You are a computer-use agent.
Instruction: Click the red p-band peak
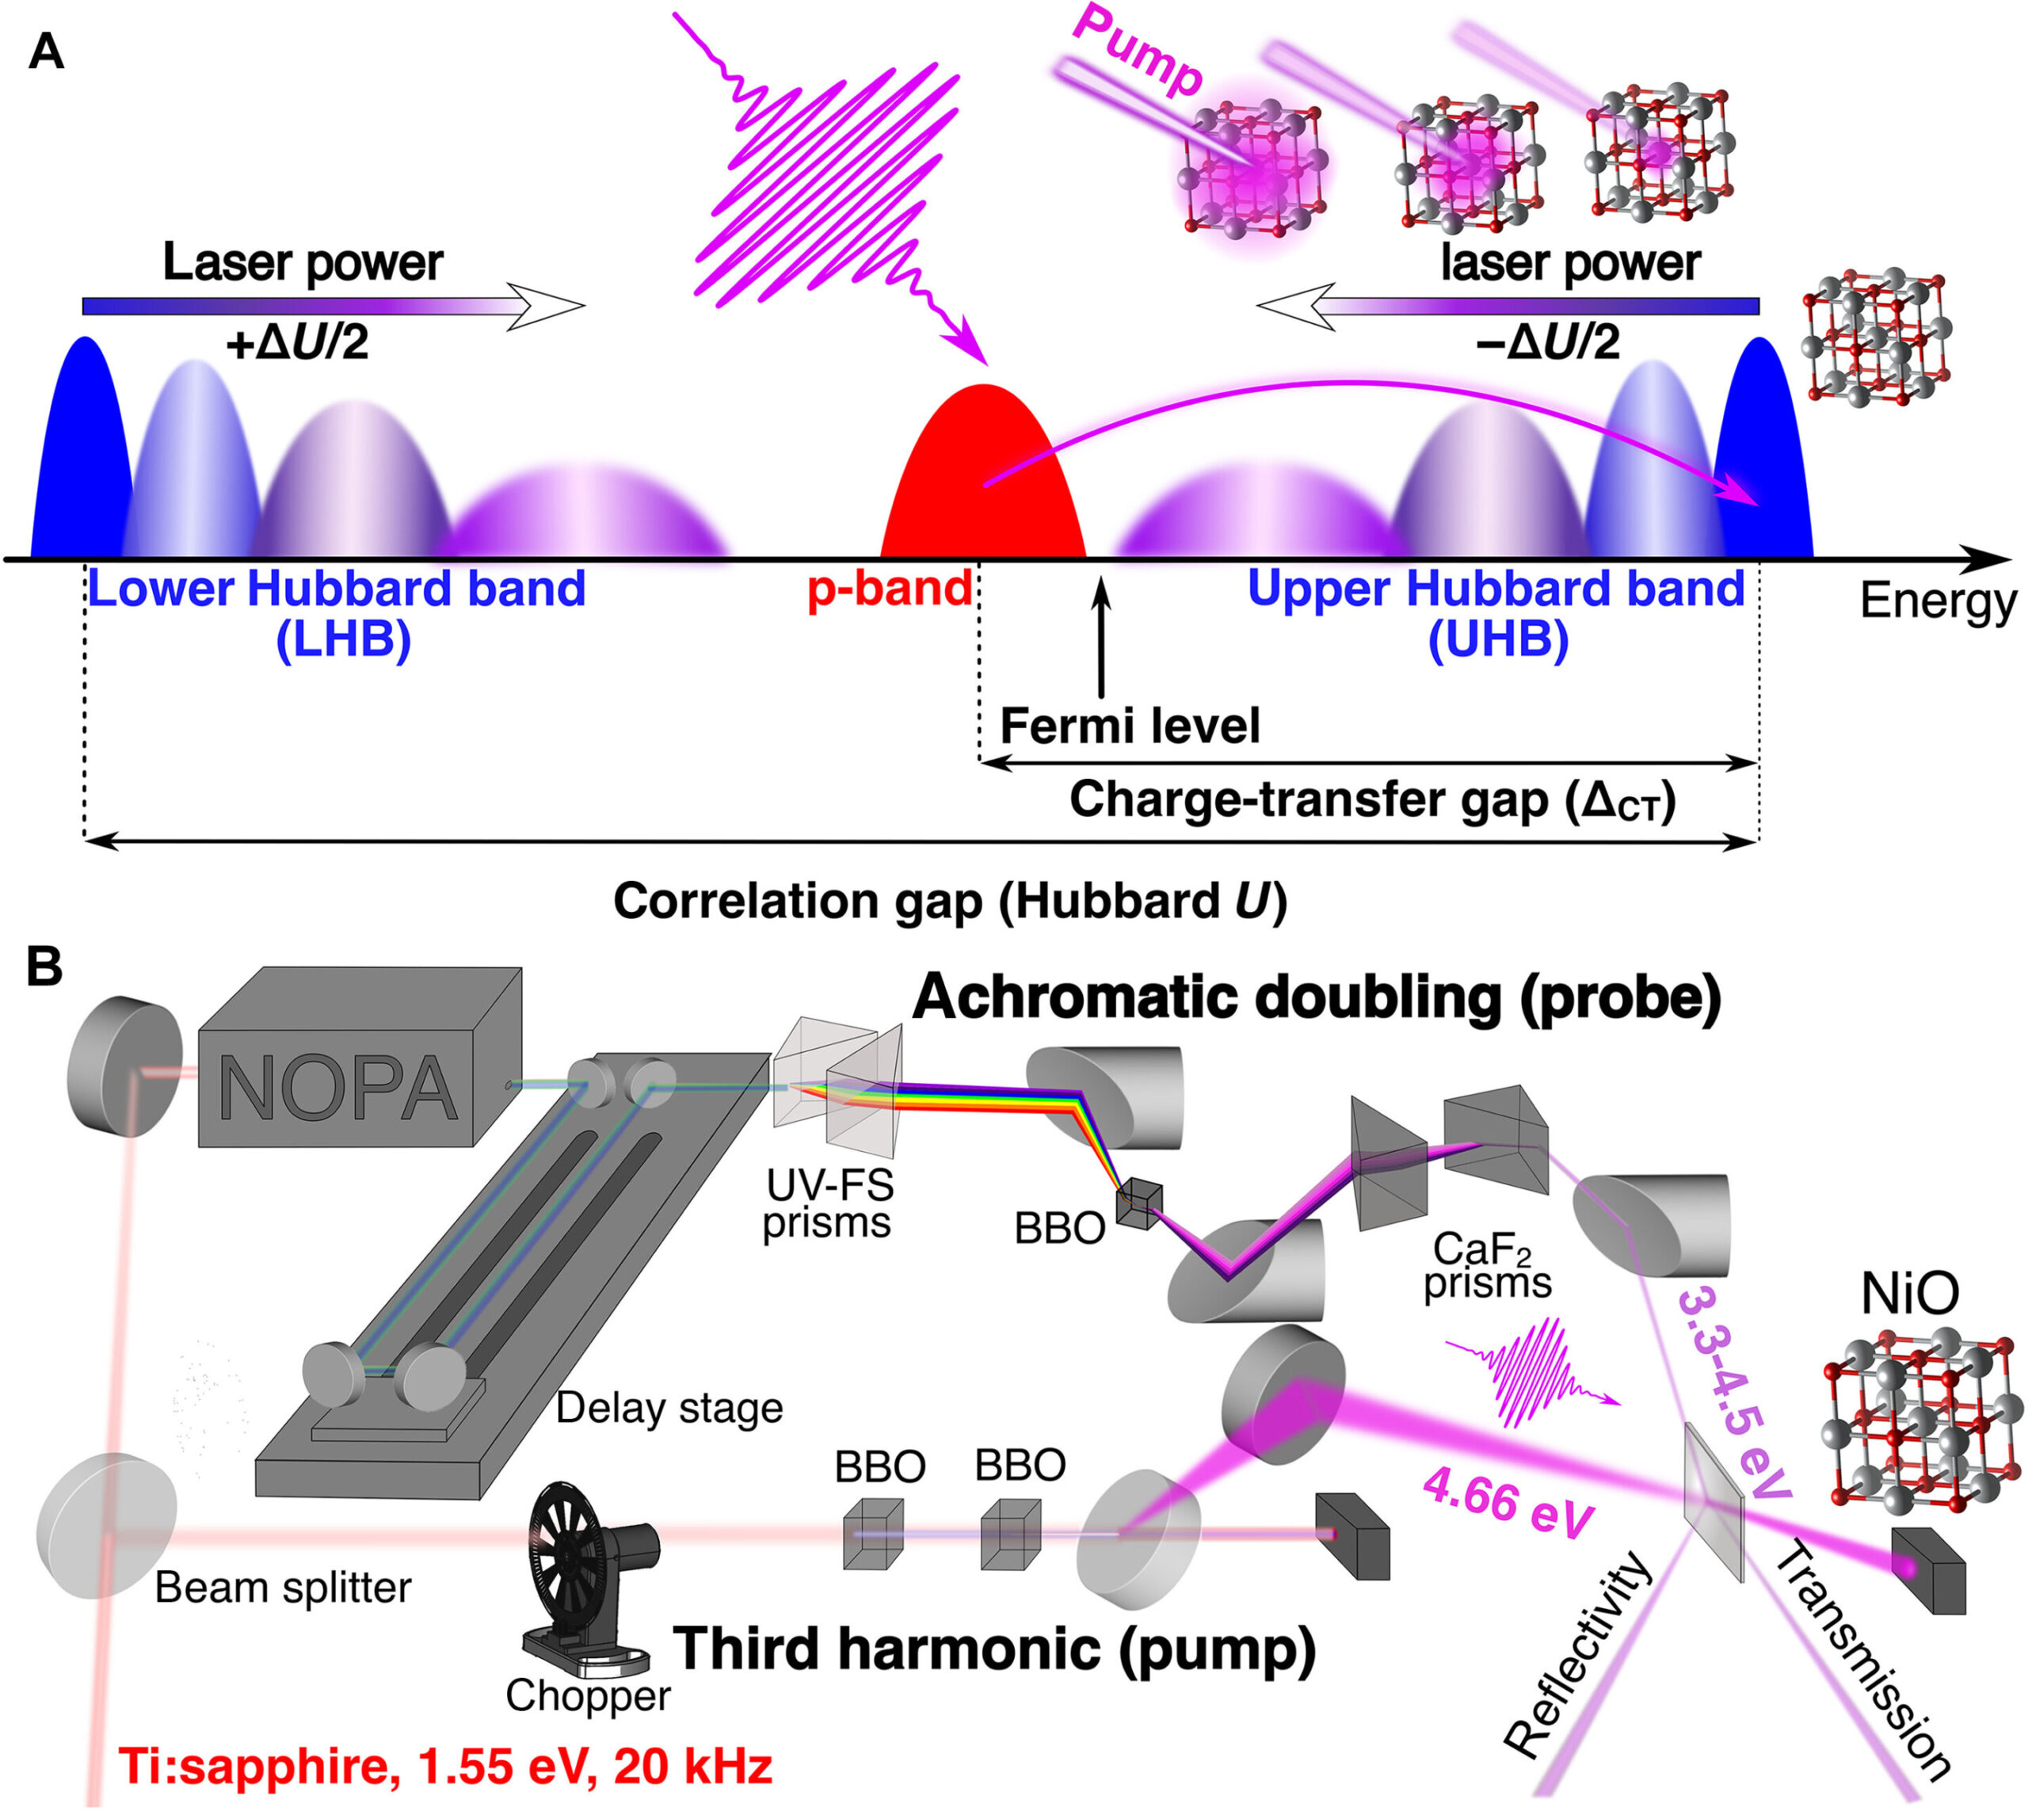tap(983, 478)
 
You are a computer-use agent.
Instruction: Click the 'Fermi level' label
tap(1130, 726)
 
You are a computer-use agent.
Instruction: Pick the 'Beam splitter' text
tap(283, 1587)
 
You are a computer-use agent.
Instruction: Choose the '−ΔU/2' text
tap(1547, 343)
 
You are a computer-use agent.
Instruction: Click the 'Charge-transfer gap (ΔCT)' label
tap(1372, 801)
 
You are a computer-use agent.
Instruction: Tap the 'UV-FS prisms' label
tap(827, 1203)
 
